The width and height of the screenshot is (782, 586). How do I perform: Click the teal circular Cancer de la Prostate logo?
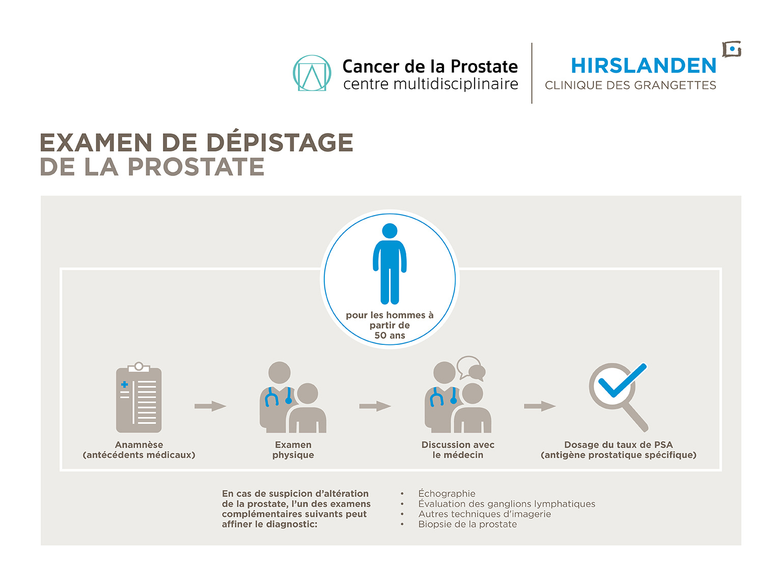pyautogui.click(x=312, y=73)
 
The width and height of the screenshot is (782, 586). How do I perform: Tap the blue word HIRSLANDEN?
pyautogui.click(x=644, y=66)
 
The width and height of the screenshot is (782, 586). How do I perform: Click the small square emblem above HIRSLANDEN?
pyautogui.click(x=732, y=49)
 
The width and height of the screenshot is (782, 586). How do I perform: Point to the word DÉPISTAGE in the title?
pyautogui.click(x=280, y=142)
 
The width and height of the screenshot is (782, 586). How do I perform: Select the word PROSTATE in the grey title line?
pyautogui.click(x=197, y=166)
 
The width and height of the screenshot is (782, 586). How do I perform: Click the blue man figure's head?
pyautogui.click(x=389, y=231)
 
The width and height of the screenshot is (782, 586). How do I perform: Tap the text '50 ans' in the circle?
pyautogui.click(x=389, y=335)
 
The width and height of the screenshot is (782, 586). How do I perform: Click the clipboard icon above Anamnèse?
pyautogui.click(x=138, y=397)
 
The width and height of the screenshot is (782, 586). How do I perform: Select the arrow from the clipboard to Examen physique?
pyautogui.click(x=210, y=406)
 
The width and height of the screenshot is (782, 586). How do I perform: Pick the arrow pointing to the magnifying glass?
pyautogui.click(x=540, y=406)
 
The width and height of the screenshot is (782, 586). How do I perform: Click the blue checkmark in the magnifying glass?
pyautogui.click(x=623, y=379)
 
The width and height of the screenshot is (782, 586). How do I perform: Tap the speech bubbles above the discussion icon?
pyautogui.click(x=471, y=369)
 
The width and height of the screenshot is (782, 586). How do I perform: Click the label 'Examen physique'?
pyautogui.click(x=293, y=450)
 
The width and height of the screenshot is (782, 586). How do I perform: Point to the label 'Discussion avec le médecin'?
pyautogui.click(x=458, y=450)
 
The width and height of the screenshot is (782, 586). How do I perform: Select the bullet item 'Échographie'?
pyautogui.click(x=447, y=493)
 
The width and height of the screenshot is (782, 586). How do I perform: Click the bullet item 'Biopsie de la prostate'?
pyautogui.click(x=467, y=524)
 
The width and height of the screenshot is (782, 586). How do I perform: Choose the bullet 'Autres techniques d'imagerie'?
pyautogui.click(x=485, y=514)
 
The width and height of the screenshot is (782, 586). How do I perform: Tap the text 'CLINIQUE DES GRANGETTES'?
pyautogui.click(x=630, y=85)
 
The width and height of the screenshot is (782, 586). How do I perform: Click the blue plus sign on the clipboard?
pyautogui.click(x=124, y=384)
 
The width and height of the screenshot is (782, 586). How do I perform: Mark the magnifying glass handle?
pyautogui.click(x=636, y=417)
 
